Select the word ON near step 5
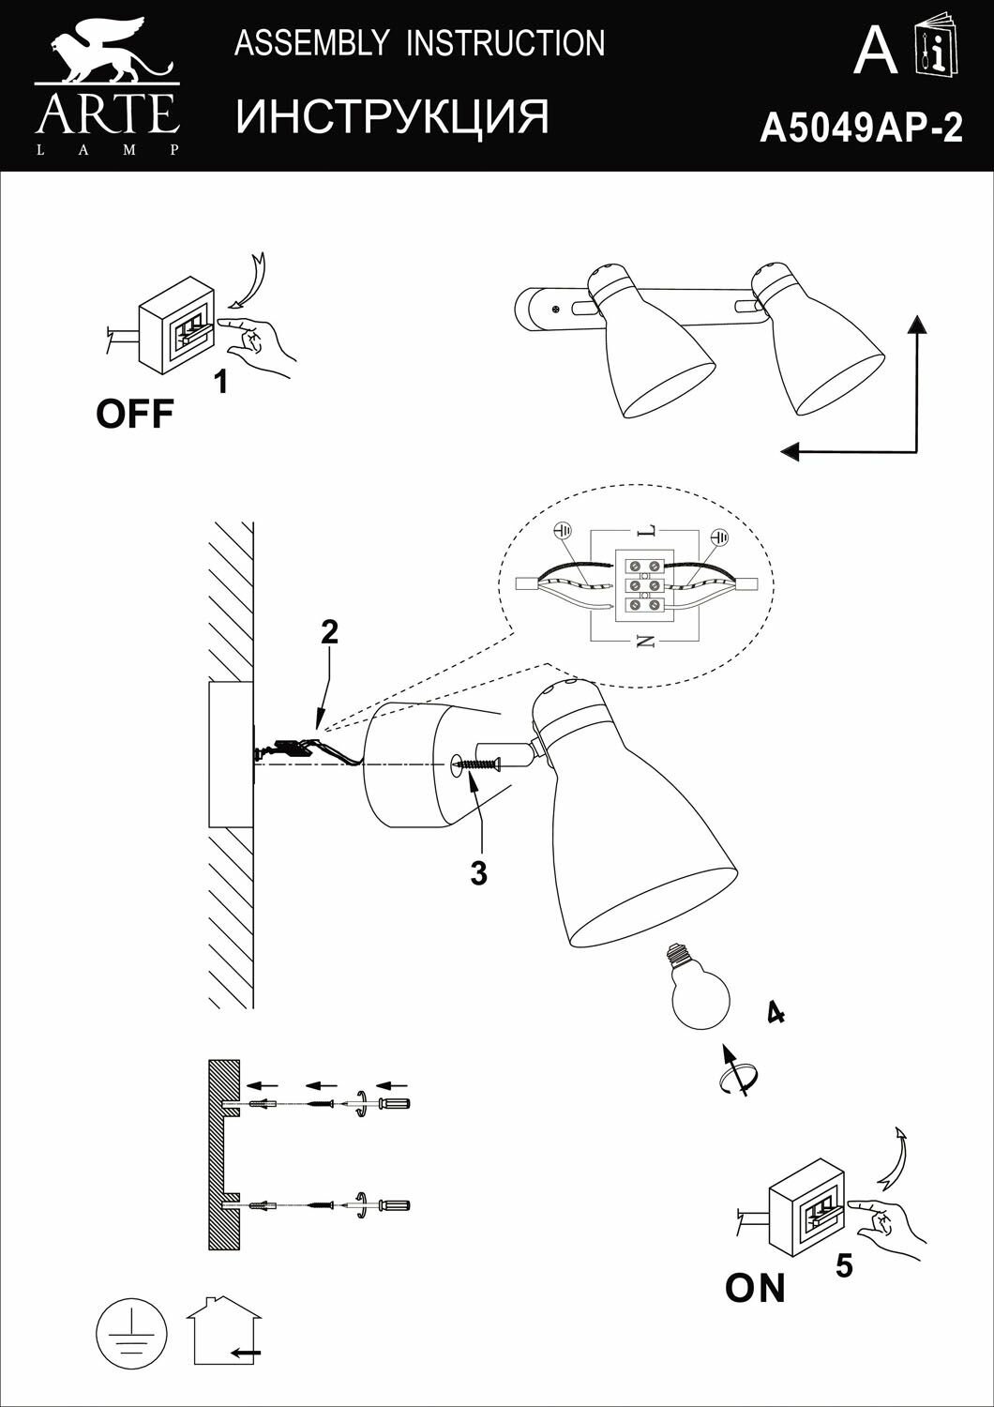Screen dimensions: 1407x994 (755, 1288)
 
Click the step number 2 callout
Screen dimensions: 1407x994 (329, 632)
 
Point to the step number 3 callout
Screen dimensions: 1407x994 (479, 873)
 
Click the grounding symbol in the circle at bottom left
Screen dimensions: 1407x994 (132, 1333)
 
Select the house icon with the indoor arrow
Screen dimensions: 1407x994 (224, 1332)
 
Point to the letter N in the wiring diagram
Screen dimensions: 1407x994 (645, 642)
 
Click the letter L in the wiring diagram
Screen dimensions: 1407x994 (644, 532)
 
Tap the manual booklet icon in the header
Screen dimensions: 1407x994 (935, 48)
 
